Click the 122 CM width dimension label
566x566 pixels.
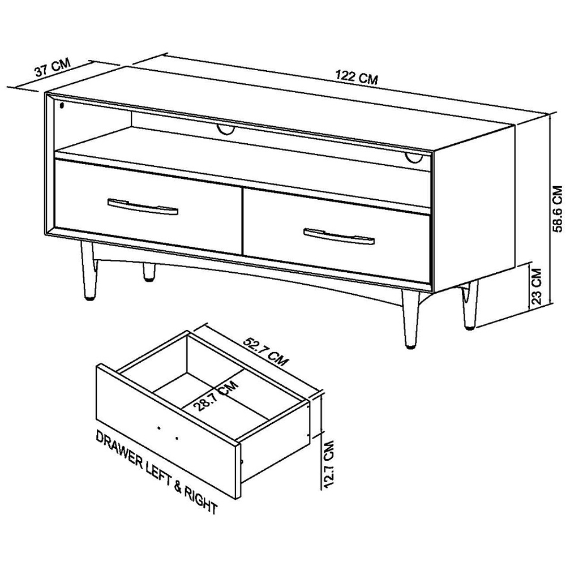point(356,77)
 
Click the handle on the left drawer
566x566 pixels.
point(143,207)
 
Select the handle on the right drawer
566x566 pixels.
point(339,235)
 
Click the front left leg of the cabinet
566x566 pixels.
point(88,271)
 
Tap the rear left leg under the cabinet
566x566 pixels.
point(149,272)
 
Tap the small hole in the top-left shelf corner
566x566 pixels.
point(61,105)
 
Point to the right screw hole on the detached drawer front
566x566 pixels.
point(177,438)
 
